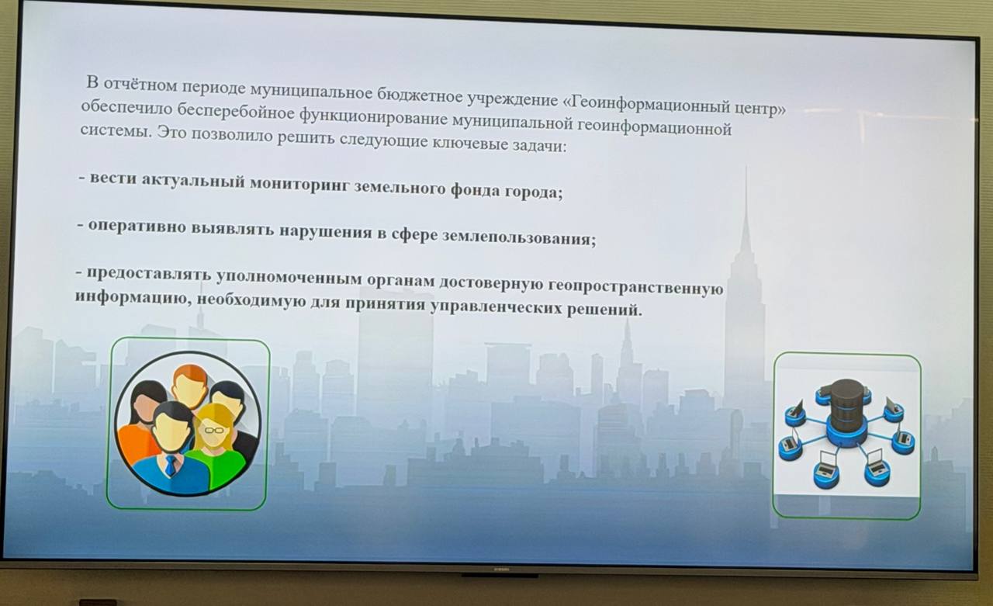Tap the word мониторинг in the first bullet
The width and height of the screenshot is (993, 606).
(300, 185)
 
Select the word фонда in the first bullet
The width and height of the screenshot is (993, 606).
(475, 191)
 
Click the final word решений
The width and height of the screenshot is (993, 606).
(604, 309)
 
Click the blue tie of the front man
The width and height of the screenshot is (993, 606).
(170, 466)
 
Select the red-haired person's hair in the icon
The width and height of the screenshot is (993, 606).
(190, 375)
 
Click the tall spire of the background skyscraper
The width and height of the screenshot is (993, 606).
(746, 209)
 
